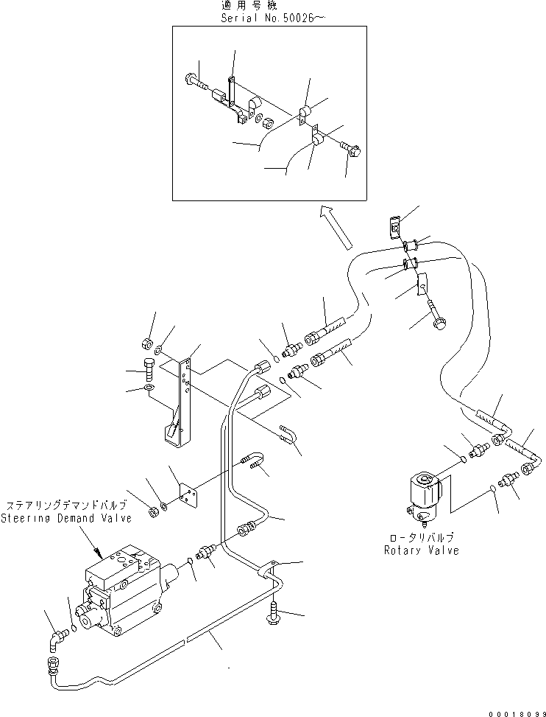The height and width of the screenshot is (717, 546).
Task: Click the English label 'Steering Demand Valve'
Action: click(x=66, y=518)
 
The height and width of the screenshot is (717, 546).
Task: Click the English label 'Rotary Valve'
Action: click(x=421, y=550)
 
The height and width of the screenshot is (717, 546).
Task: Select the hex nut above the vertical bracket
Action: click(x=146, y=343)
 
